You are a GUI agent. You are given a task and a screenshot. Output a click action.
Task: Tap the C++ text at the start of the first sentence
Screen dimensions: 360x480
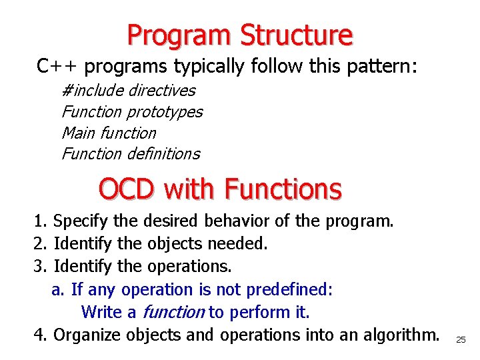[59, 67]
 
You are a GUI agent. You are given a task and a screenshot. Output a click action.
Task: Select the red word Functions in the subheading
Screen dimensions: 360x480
[283, 189]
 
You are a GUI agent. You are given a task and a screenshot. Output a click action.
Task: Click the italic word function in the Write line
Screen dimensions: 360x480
[173, 312]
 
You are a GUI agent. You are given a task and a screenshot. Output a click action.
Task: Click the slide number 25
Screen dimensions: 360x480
[461, 340]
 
